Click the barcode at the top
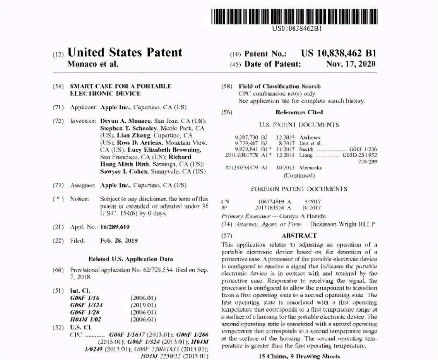294,15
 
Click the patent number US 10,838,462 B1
339,54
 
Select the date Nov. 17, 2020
351,64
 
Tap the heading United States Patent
125,53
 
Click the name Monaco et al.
93,64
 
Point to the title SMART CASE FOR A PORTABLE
121,86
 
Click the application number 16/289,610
115,227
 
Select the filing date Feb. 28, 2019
119,240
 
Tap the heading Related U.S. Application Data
131,259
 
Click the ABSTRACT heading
299,235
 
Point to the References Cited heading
299,113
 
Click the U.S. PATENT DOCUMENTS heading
299,125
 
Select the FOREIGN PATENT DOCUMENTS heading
299,189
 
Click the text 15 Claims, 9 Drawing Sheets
299,356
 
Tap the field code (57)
226,235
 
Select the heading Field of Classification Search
279,86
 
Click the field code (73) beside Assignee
58,185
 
